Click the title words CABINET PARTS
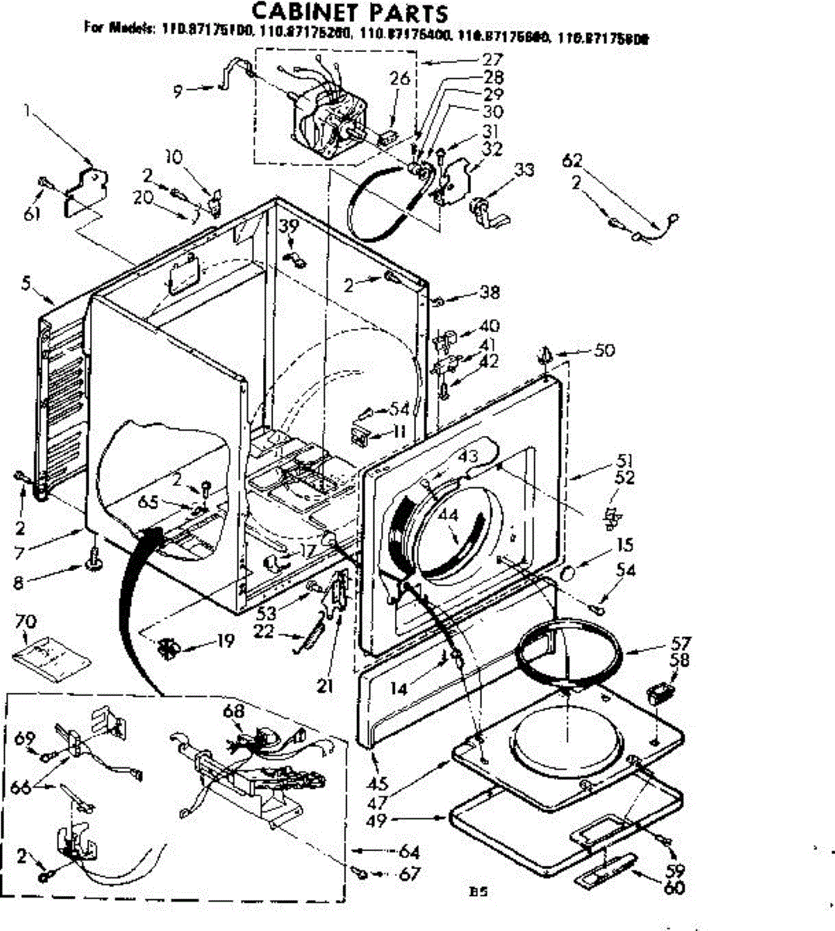coord(351,13)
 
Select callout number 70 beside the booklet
coord(26,622)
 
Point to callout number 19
coord(225,642)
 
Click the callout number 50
coord(604,351)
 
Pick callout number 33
coord(525,169)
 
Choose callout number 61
coord(32,214)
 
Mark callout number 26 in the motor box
coord(400,78)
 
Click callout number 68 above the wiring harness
coord(234,711)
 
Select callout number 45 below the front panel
coord(378,784)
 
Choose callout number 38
coord(490,292)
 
